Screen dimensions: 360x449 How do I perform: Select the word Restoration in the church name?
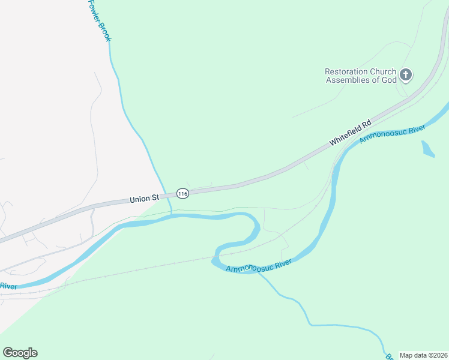[346, 71]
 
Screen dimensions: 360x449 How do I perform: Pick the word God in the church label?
[388, 80]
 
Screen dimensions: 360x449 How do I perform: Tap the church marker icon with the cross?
[406, 75]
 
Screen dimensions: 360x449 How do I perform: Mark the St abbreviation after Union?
[155, 196]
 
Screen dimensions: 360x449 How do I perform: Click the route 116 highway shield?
[183, 193]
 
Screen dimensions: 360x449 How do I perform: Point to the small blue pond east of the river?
[427, 149]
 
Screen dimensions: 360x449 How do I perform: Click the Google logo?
[20, 353]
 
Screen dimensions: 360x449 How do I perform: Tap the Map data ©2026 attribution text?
[423, 355]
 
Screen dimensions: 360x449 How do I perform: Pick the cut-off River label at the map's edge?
[8, 286]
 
